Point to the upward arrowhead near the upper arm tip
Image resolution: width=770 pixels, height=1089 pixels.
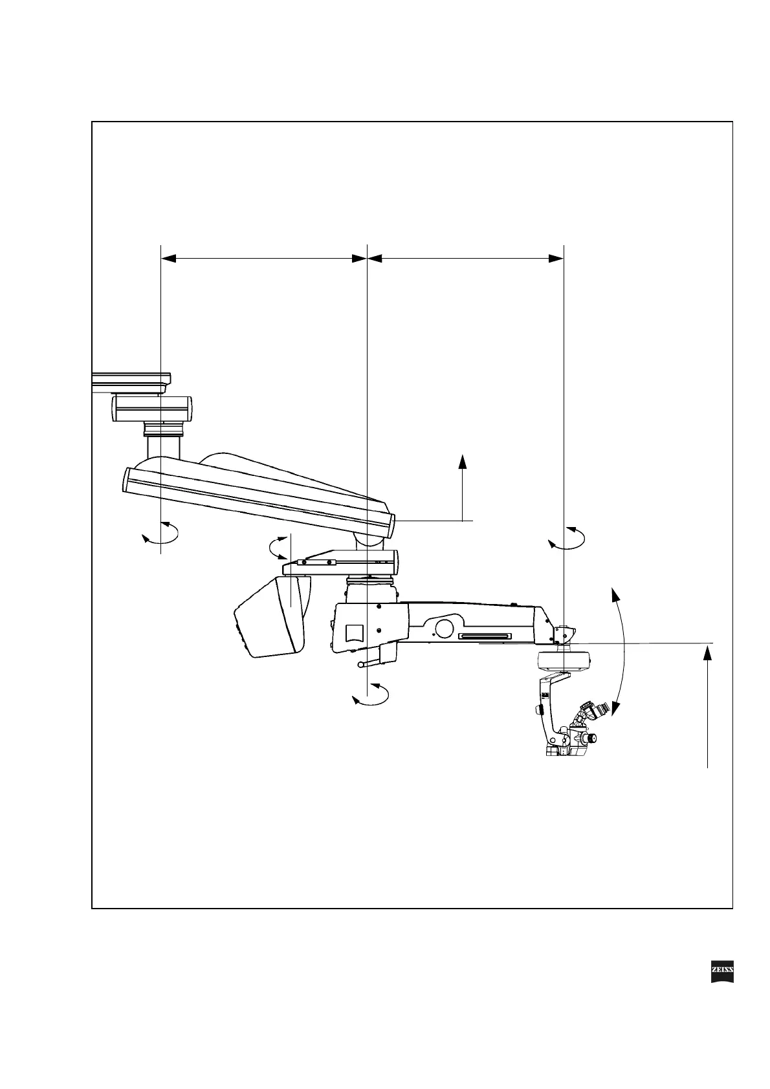(x=463, y=460)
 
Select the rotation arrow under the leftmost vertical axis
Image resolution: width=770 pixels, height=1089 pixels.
(x=160, y=536)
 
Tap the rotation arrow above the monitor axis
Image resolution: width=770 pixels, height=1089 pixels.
(x=278, y=547)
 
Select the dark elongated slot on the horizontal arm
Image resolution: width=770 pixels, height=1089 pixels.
(x=485, y=636)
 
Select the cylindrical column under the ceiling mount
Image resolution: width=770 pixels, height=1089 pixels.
(x=162, y=446)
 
